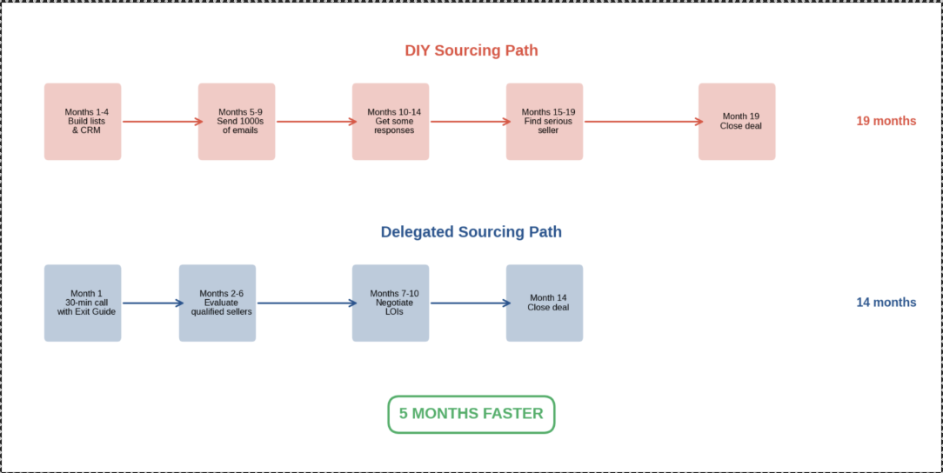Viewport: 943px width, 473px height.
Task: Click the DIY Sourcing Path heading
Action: coord(471,50)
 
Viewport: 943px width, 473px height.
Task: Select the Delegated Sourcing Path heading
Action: coord(471,232)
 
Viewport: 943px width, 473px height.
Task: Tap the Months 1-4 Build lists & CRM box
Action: coord(83,122)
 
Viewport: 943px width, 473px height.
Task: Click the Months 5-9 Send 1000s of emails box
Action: coord(237,122)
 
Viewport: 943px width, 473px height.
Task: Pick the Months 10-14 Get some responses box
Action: coord(391,122)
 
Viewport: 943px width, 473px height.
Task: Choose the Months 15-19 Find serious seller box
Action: coord(545,122)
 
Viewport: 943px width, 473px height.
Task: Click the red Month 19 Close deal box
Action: coord(737,122)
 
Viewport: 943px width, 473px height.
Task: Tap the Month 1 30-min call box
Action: coord(83,303)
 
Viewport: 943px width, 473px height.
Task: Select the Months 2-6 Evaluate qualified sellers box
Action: coord(217,303)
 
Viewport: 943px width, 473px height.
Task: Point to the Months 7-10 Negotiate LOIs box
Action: coord(391,303)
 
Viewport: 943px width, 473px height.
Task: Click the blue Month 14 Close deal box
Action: coord(545,303)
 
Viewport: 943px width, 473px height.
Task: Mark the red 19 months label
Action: coord(886,121)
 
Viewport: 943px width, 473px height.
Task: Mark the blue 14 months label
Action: coord(886,303)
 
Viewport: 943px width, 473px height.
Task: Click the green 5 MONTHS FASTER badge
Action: coord(471,414)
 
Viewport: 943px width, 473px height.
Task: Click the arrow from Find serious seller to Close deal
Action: coord(641,122)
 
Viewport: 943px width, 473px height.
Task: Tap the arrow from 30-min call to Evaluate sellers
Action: coord(150,303)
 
